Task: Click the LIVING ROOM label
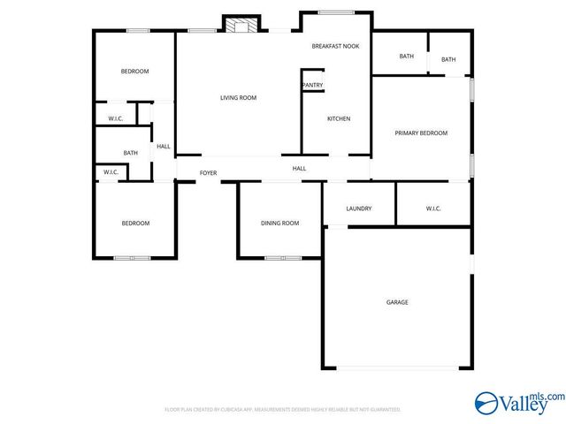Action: coord(238,98)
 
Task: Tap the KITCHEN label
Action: coord(339,119)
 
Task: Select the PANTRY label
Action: coord(312,86)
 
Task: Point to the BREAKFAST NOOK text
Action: coord(335,45)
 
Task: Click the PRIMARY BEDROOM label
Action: coord(421,133)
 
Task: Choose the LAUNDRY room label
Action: coord(358,208)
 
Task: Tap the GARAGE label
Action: coord(397,302)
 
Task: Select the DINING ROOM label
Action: coord(279,223)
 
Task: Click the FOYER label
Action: coord(208,173)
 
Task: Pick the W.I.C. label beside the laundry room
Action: coord(433,208)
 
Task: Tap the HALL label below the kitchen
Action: coord(300,168)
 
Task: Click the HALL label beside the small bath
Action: coord(164,147)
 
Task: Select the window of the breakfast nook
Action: coord(335,12)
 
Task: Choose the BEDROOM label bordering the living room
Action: coord(135,72)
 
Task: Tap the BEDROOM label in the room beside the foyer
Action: coord(135,223)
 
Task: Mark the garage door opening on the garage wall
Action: coord(397,368)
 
